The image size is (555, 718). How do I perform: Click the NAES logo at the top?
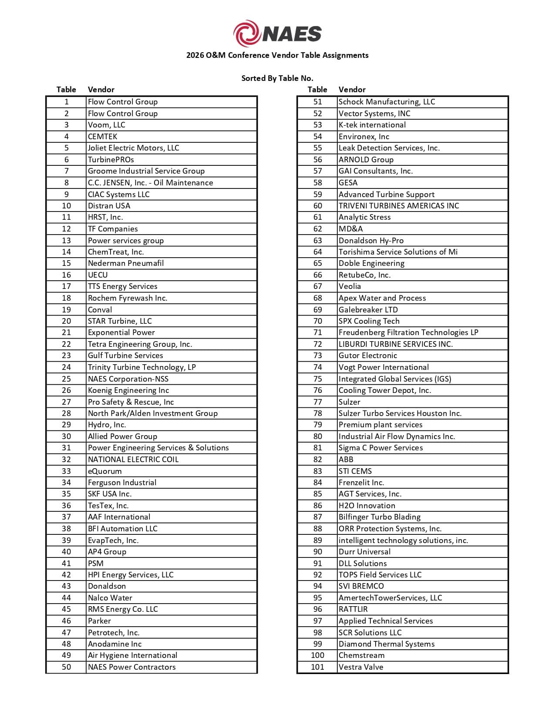(277, 34)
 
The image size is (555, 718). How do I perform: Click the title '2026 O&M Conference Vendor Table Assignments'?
(277, 55)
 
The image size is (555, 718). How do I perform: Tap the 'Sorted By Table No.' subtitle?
(277, 78)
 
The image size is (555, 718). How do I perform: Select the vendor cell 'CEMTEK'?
(103, 136)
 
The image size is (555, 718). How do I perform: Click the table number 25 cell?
(66, 379)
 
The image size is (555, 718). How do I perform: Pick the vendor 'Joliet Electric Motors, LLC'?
(133, 148)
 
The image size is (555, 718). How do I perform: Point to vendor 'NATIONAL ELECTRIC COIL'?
(133, 460)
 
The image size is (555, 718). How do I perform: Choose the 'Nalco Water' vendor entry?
(110, 598)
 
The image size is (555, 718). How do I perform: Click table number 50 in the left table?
(66, 667)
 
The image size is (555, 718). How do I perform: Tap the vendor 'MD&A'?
(350, 229)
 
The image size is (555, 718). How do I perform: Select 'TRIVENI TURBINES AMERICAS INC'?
(399, 206)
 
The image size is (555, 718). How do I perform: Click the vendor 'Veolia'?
(350, 286)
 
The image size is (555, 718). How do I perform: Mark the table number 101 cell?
(317, 667)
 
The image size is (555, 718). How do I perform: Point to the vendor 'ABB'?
(346, 460)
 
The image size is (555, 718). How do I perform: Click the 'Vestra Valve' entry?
(361, 667)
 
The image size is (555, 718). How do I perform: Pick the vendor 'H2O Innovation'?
(367, 506)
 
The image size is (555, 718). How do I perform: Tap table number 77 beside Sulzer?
(317, 402)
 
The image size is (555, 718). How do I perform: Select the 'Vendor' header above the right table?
(352, 90)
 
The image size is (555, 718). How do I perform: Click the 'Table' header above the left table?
(66, 90)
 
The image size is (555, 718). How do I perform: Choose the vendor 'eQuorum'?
(105, 471)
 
